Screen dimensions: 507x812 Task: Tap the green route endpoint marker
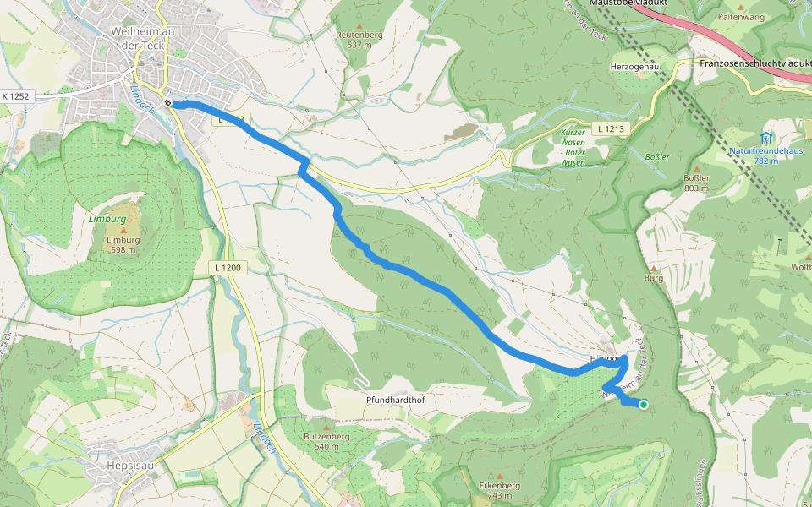644,405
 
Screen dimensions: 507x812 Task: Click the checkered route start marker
169,103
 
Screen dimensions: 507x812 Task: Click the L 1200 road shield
227,268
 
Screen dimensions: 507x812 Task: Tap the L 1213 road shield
609,128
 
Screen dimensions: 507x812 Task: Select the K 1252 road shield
15,97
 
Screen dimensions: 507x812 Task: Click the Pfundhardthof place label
394,399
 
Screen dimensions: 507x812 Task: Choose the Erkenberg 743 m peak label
499,489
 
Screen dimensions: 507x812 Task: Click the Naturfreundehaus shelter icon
766,137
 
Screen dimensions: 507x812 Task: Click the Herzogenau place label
634,65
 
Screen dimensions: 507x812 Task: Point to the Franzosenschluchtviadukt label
755,63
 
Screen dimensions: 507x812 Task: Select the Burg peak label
653,276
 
